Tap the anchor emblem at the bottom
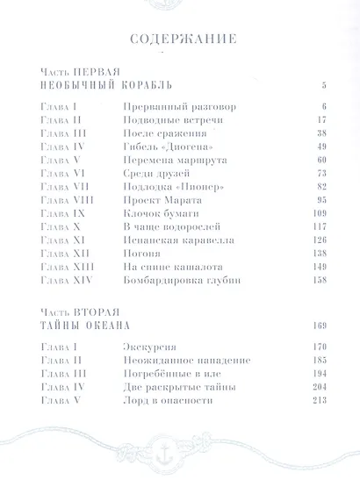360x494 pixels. tap(180, 462)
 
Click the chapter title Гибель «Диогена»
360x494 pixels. tap(163, 146)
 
